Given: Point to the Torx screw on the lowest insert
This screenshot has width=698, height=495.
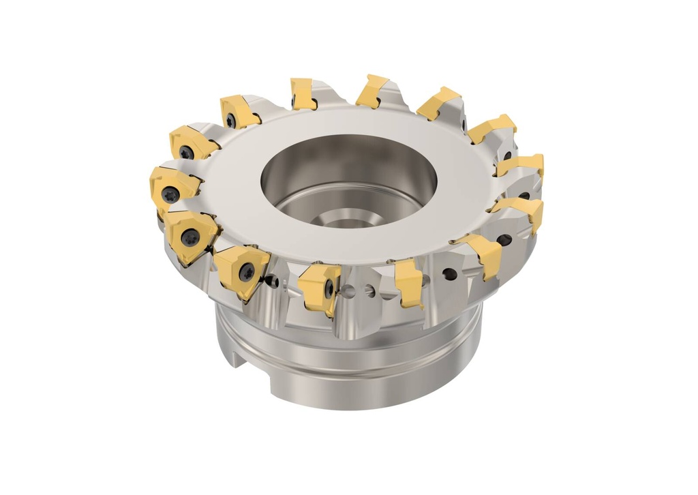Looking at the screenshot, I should (329, 289).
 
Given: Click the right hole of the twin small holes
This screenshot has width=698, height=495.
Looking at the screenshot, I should (369, 291).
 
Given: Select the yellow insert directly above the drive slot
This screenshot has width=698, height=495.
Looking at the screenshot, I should (242, 269).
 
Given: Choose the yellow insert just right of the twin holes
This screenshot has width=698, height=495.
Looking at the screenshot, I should (409, 281).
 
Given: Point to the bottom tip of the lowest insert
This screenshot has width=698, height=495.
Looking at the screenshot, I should (329, 314).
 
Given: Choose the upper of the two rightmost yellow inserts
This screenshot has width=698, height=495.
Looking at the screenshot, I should (523, 166).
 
